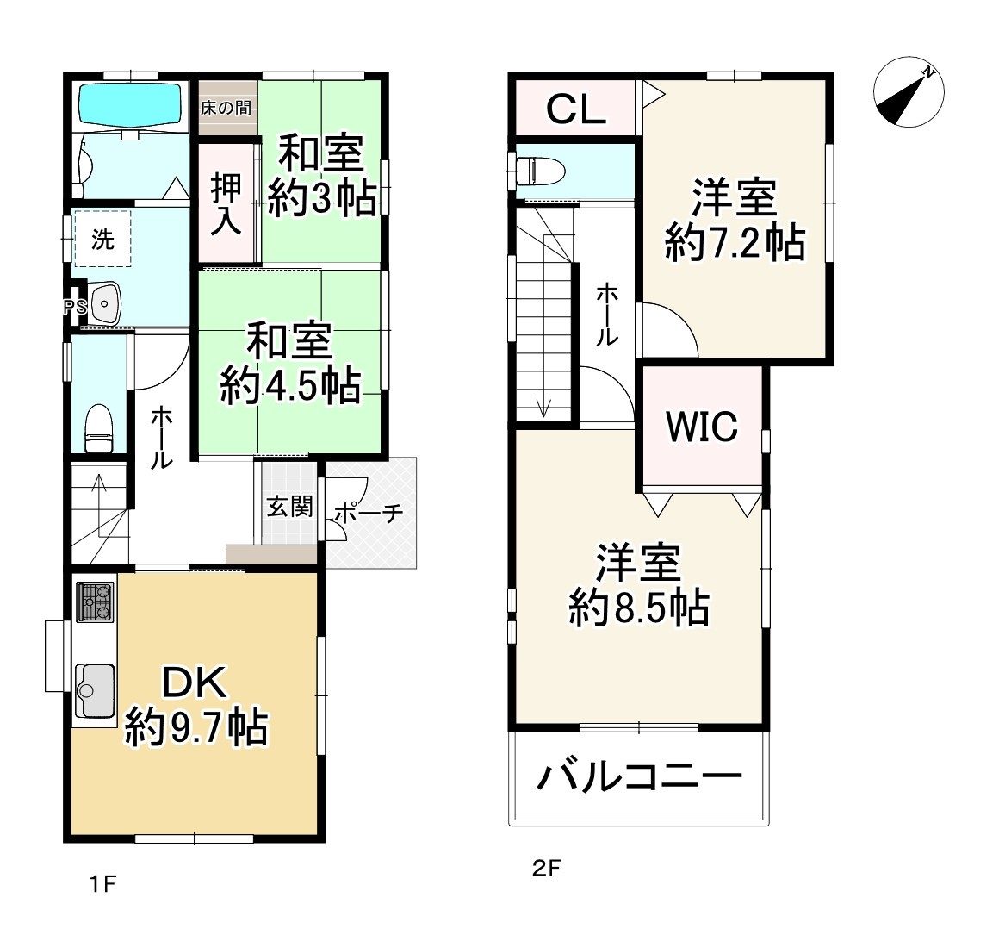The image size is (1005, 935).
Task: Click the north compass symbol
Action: pos(908,95)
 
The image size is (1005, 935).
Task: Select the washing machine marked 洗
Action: pos(102,239)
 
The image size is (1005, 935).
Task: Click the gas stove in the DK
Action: pos(96,602)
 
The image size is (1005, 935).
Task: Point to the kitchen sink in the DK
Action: pos(95,690)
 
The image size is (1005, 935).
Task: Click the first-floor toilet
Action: pos(99,428)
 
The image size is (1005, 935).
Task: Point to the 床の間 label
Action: pos(226,109)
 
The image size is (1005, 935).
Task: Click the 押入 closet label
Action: pos(227,204)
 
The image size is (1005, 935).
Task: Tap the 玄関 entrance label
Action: pos(288,507)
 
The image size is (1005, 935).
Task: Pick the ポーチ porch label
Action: pos(368,514)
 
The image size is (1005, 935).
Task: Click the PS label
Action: pos(73,306)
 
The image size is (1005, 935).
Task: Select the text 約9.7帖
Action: pos(196,728)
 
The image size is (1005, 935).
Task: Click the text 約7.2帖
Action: pos(735,244)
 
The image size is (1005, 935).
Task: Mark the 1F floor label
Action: pos(102,883)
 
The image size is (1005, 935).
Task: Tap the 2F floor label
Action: pos(546,870)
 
